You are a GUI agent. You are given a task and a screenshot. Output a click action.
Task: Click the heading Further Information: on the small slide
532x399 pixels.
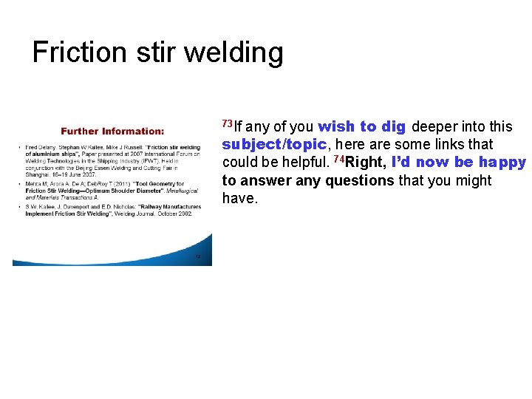[112, 132]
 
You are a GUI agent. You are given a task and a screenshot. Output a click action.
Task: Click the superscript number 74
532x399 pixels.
[339, 160]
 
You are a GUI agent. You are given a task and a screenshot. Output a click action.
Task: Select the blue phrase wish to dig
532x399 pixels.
[362, 126]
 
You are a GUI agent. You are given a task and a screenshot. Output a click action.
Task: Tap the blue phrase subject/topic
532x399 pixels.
[273, 144]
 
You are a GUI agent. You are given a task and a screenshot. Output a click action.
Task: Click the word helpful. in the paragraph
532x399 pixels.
[304, 163]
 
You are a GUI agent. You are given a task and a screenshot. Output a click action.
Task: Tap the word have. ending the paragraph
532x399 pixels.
[240, 198]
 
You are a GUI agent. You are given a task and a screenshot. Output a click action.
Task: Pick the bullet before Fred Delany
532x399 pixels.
[19, 149]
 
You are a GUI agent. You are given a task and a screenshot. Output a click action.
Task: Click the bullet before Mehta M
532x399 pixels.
[19, 183]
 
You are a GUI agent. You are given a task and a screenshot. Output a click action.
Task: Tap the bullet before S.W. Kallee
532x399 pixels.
[19, 207]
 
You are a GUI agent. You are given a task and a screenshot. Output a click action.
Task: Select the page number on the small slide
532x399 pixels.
[197, 257]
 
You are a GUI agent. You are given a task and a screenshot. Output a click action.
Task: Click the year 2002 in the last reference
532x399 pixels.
[184, 214]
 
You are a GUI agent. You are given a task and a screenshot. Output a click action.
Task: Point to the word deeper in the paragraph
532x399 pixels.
[435, 126]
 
